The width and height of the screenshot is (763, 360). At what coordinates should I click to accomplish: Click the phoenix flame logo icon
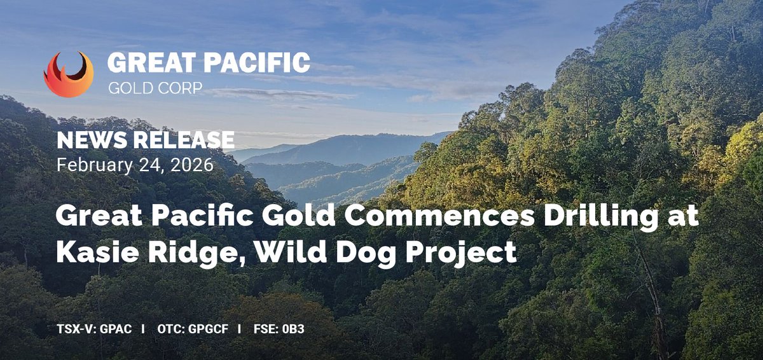coord(69,74)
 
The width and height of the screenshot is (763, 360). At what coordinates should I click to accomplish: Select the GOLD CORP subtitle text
coord(155,88)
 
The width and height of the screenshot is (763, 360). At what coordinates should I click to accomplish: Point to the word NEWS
coord(88,141)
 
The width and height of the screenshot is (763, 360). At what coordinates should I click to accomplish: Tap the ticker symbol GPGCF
coord(207,330)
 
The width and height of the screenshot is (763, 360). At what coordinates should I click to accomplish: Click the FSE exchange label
coord(264,330)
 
